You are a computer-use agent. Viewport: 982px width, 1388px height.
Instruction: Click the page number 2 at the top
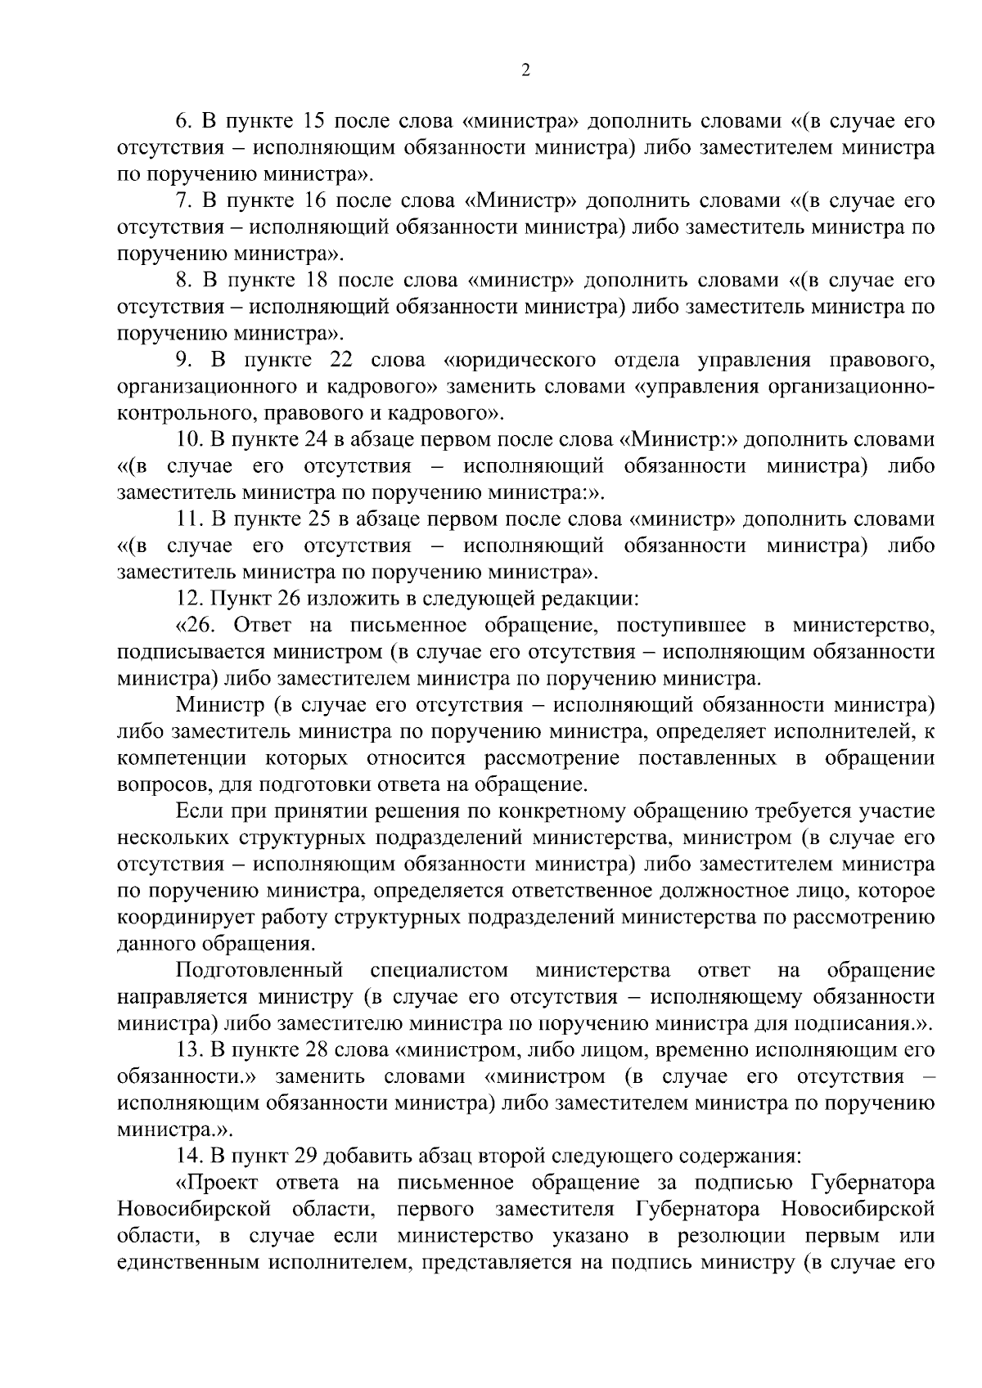click(525, 70)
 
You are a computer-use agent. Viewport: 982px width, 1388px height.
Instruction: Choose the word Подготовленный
click(259, 971)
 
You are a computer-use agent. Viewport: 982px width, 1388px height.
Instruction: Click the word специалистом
click(439, 971)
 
